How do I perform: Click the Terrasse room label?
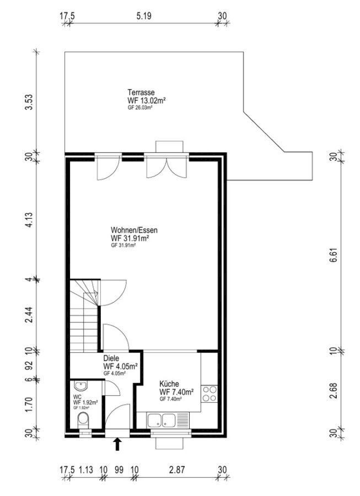(x=141, y=93)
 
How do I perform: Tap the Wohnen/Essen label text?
(x=134, y=230)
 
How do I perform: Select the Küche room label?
(x=169, y=384)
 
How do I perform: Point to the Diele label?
(x=111, y=358)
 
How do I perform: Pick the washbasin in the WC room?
(x=81, y=386)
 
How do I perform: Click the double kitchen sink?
(x=161, y=420)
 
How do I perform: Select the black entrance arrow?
(x=117, y=444)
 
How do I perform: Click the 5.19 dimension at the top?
(x=144, y=16)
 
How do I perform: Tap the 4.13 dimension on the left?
(x=29, y=220)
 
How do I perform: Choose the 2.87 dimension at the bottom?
(x=177, y=470)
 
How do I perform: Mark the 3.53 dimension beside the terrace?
(x=29, y=102)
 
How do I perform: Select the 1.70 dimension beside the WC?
(x=29, y=405)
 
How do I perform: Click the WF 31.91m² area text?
(x=130, y=238)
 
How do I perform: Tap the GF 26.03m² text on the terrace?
(x=140, y=108)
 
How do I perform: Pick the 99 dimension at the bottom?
(x=119, y=470)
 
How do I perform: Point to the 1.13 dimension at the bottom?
(x=86, y=470)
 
